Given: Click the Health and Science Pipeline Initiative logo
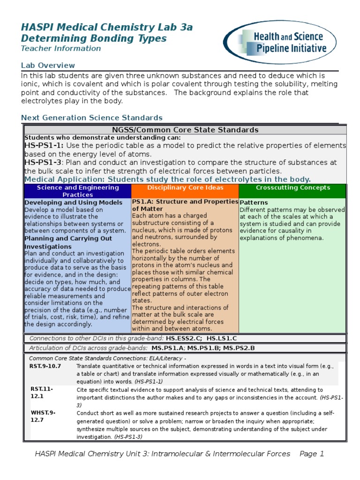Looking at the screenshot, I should [285, 42].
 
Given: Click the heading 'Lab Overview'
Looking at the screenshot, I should [48, 65].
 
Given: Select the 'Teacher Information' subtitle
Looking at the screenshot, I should [60, 48].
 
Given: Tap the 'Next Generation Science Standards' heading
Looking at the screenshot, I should [92, 118].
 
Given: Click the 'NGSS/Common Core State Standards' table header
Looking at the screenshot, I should [185, 130].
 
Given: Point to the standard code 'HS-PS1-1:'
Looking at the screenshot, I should [44, 146].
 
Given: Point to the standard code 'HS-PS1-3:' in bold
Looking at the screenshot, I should [44, 162].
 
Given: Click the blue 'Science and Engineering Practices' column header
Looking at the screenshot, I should [78, 191].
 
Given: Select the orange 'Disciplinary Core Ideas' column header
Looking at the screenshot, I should [185, 187].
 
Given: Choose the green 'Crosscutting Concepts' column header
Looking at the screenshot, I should [292, 187].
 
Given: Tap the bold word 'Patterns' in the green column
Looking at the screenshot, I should [254, 202].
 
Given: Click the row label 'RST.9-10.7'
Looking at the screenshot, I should [45, 366].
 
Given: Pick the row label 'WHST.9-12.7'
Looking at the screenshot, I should [43, 416].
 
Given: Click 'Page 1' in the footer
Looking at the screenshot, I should [312, 454].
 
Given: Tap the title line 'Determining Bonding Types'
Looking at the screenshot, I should [94, 38].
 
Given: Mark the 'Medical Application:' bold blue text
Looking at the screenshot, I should [65, 179].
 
